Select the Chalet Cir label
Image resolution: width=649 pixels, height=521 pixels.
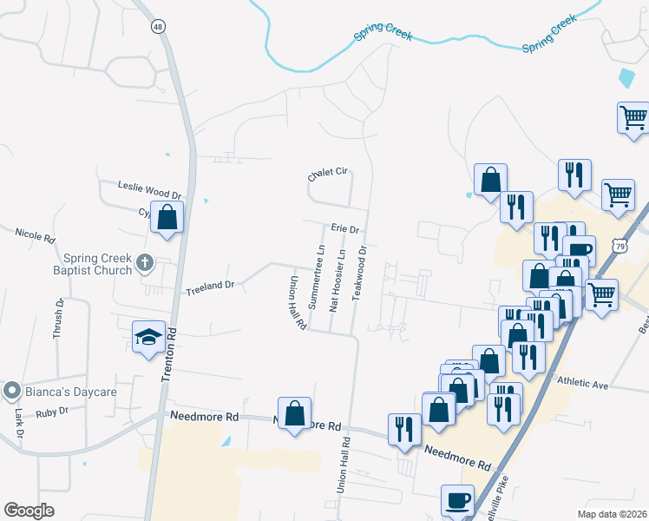click(x=327, y=175)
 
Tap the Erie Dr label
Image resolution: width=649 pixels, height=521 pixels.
click(x=344, y=228)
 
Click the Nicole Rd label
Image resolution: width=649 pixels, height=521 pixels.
click(x=36, y=234)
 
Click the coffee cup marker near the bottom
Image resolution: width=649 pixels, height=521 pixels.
click(x=457, y=501)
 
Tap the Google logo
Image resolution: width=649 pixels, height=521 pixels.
click(x=29, y=511)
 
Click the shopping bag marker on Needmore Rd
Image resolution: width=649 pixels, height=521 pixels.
click(x=295, y=413)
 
